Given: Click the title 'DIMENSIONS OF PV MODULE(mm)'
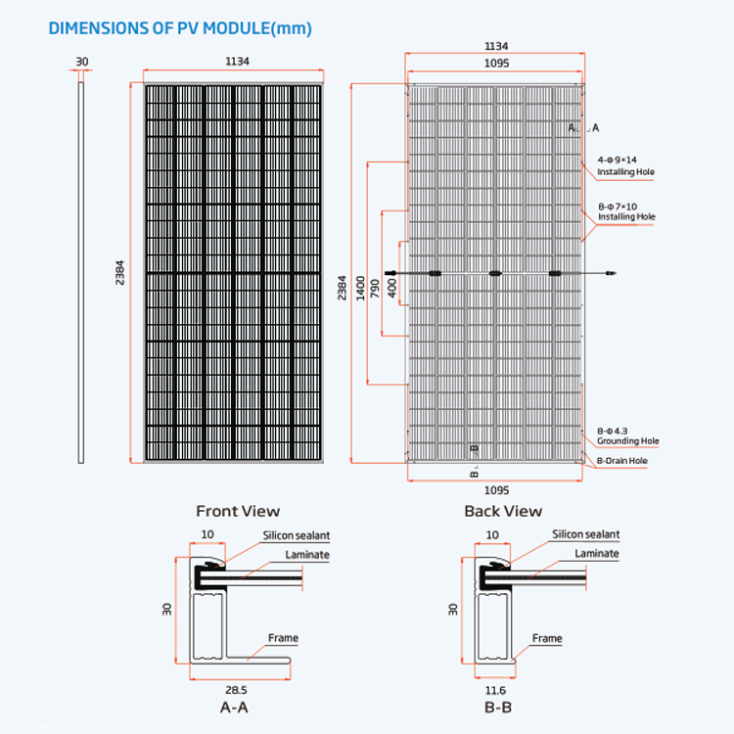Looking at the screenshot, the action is pyautogui.click(x=180, y=28).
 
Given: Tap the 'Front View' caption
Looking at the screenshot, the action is pyautogui.click(x=238, y=511).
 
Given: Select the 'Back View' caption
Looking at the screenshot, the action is pyautogui.click(x=503, y=511).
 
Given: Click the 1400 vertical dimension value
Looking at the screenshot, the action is pyautogui.click(x=360, y=288).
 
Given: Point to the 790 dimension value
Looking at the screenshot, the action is pyautogui.click(x=375, y=289).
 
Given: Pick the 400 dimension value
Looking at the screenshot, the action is pyautogui.click(x=392, y=288).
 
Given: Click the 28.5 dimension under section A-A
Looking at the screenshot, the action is pyautogui.click(x=236, y=690).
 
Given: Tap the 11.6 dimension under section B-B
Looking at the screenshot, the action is pyautogui.click(x=495, y=690).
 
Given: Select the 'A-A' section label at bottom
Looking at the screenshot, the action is pyautogui.click(x=234, y=707).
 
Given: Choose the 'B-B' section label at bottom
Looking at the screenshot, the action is pyautogui.click(x=498, y=707).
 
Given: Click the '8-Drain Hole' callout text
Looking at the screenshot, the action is pyautogui.click(x=622, y=461).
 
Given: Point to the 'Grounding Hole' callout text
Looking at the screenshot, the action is pyautogui.click(x=627, y=441).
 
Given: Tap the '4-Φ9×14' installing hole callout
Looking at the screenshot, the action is pyautogui.click(x=617, y=160).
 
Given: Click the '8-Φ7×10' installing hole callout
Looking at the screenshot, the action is pyautogui.click(x=618, y=206).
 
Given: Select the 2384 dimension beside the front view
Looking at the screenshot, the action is pyautogui.click(x=119, y=273).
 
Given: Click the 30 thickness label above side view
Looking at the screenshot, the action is pyautogui.click(x=82, y=62).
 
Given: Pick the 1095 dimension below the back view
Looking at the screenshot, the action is pyautogui.click(x=496, y=490).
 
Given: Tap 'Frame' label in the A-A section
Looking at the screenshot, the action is pyautogui.click(x=283, y=638).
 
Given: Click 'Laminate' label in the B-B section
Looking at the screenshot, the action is pyautogui.click(x=597, y=553).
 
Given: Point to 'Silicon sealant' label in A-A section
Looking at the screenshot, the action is pyautogui.click(x=297, y=535).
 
